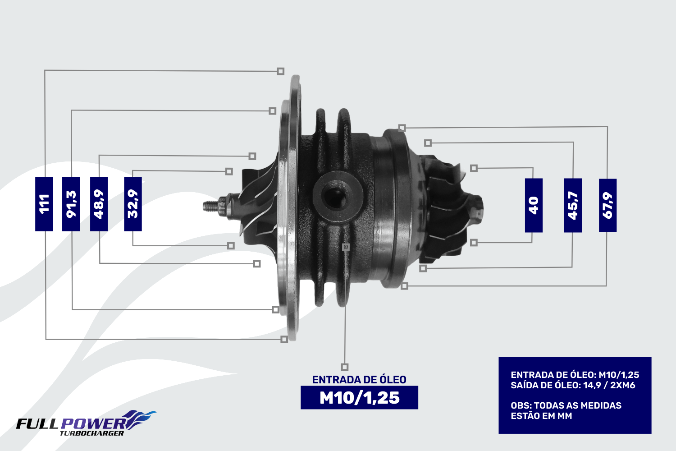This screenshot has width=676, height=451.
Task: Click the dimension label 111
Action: (44, 204)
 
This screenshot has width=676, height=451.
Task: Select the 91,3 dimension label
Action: (71, 204)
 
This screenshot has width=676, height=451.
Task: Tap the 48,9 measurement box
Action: (99, 204)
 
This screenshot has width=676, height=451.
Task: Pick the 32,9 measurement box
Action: (133, 204)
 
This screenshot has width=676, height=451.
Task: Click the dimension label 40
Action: (534, 205)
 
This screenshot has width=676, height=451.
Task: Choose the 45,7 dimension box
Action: (573, 205)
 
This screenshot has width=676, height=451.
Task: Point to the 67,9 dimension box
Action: (607, 205)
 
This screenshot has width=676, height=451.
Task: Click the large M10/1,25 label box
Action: (360, 397)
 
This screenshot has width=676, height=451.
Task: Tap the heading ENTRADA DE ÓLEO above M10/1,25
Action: (359, 380)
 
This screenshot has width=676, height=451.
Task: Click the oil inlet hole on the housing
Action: (336, 198)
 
